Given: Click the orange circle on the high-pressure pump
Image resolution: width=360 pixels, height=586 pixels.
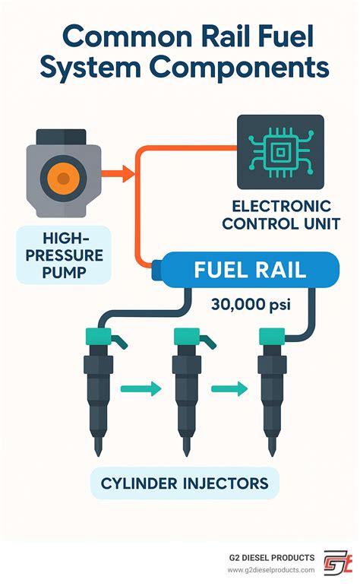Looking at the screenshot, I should pos(64,179).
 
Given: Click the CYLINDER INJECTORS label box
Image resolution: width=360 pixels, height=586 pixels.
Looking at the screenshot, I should pos(185,482).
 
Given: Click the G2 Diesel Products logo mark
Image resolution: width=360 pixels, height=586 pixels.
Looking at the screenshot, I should pos(338,563).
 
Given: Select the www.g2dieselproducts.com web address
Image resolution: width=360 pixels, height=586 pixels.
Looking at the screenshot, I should pos(271,569).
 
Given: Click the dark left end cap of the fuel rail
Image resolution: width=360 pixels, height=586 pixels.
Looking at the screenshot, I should pos(158,271).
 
